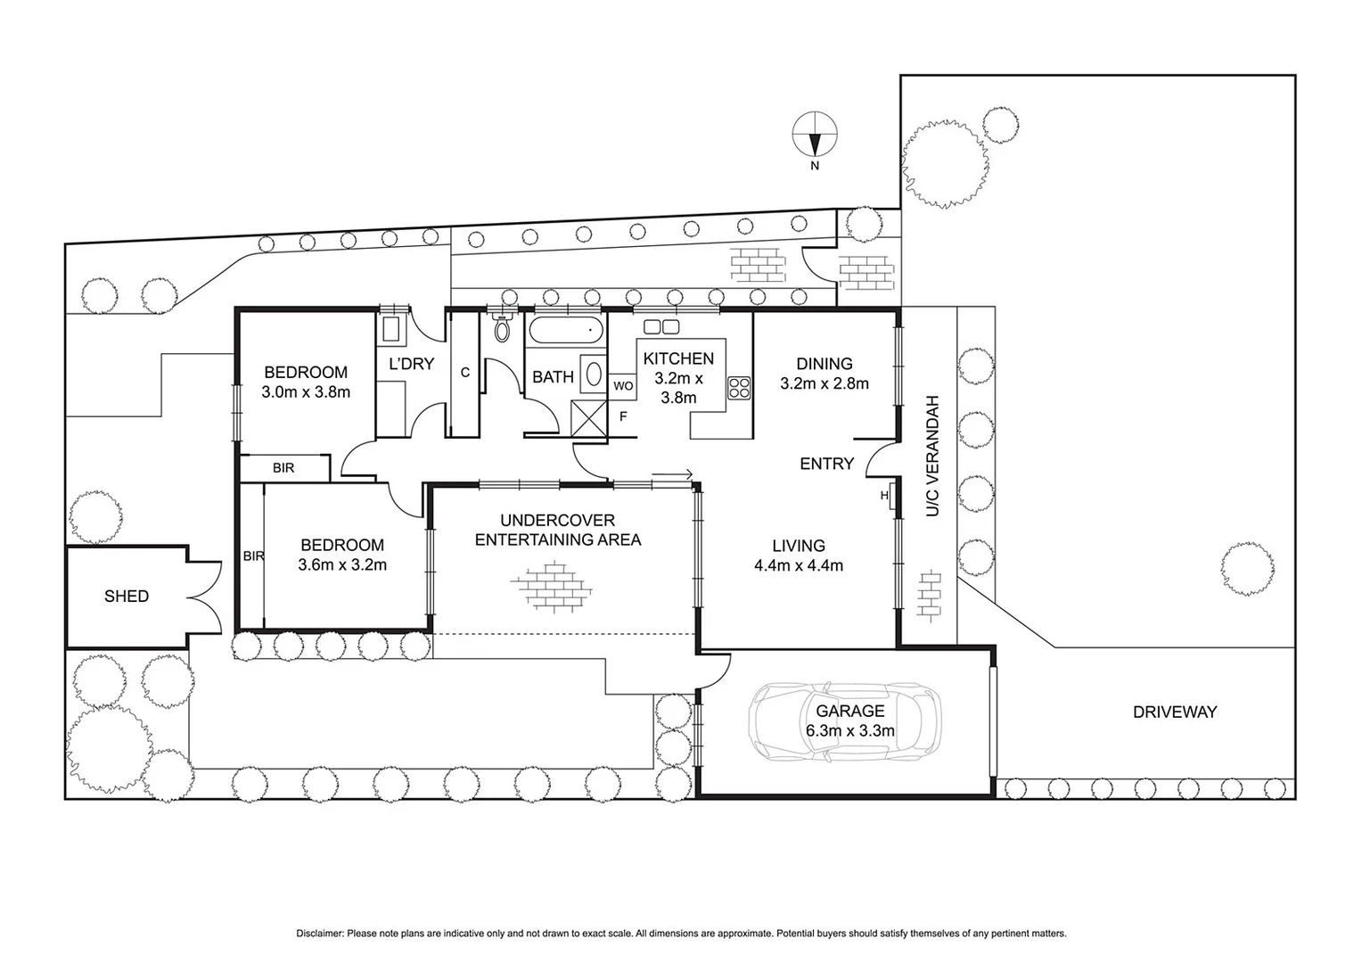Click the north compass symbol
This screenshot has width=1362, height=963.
coord(815,135)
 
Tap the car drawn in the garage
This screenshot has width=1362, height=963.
coord(843,722)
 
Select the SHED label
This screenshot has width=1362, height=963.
coord(127,597)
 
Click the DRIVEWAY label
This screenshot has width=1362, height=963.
coord(1174,712)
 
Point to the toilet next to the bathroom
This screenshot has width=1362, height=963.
coord(502,329)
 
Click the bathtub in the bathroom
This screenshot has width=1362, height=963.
coord(566,332)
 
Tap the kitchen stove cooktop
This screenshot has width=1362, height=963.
coord(739,388)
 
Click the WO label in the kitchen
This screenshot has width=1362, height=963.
coord(623,386)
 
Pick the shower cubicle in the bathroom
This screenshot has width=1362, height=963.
coord(587,418)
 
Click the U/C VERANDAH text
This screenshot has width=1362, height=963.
coord(932,456)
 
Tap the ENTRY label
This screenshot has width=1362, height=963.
coord(826,464)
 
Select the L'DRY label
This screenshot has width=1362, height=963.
coord(411,364)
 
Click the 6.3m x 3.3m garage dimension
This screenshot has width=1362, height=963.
coord(849,731)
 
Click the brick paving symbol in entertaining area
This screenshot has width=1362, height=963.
coord(553,586)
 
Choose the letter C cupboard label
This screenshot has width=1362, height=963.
coord(465,373)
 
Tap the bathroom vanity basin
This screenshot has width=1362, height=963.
coord(592,374)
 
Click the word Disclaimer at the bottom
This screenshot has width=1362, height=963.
coord(319,934)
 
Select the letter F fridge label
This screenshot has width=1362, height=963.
coord(623,416)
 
